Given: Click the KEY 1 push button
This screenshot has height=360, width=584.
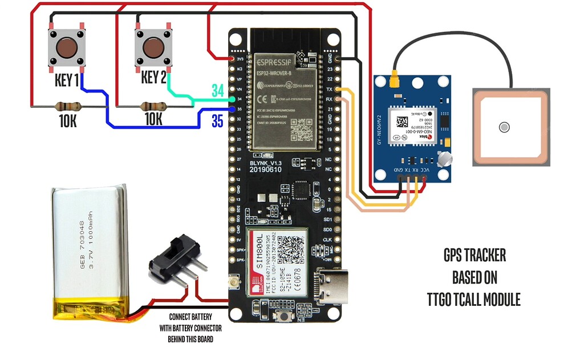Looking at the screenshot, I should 68,47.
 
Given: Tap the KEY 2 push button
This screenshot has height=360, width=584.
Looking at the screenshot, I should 154,47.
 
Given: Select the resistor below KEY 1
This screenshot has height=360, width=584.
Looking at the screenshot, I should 68,106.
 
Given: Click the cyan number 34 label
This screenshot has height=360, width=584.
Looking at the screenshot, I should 218,90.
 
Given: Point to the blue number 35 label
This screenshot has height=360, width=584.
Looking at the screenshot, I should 218,120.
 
